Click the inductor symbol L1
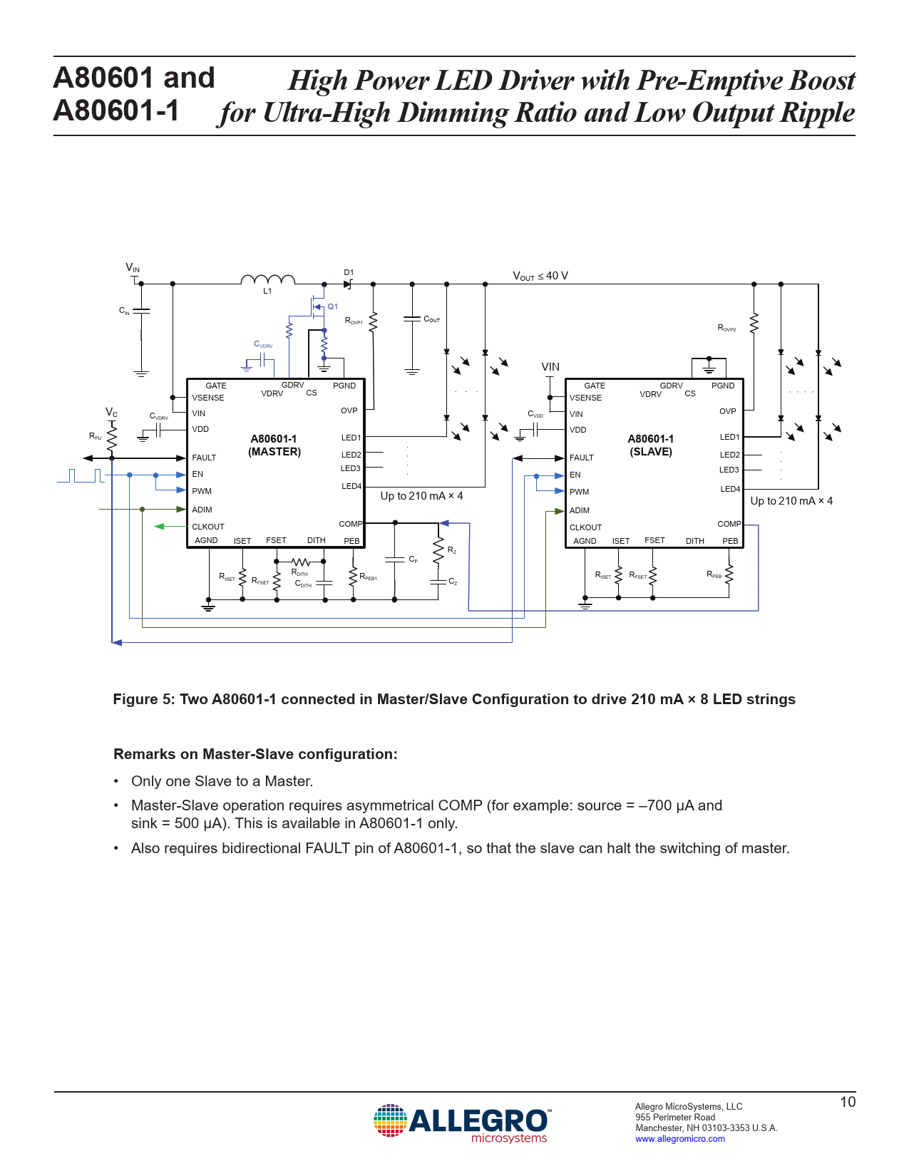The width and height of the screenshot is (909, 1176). pyautogui.click(x=267, y=279)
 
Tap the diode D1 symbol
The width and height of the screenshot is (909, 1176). pyautogui.click(x=348, y=284)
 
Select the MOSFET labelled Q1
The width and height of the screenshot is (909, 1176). pyautogui.click(x=318, y=307)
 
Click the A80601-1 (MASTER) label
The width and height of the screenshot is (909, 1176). pyautogui.click(x=274, y=445)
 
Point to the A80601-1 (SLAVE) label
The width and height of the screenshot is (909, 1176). pyautogui.click(x=651, y=445)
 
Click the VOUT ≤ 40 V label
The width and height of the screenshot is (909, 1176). pyautogui.click(x=540, y=276)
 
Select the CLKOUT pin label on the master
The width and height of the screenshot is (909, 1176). pyautogui.click(x=208, y=527)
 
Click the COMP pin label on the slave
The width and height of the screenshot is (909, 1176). pyautogui.click(x=729, y=524)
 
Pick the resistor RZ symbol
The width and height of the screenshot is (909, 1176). pyautogui.click(x=438, y=550)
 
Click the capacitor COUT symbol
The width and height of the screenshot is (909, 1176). pyautogui.click(x=412, y=319)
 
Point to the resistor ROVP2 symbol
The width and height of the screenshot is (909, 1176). pyautogui.click(x=754, y=323)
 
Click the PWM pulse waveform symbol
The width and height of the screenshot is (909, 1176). pyautogui.click(x=81, y=475)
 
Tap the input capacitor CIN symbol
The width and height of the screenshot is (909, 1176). pyautogui.click(x=141, y=311)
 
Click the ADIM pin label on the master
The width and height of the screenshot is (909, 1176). pyautogui.click(x=202, y=510)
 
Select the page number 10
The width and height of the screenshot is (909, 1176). pyautogui.click(x=847, y=1102)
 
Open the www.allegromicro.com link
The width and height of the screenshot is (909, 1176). pyautogui.click(x=680, y=1139)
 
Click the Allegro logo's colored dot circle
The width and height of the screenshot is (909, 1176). pyautogui.click(x=390, y=1120)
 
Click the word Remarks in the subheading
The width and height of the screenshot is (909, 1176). pyautogui.click(x=143, y=754)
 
